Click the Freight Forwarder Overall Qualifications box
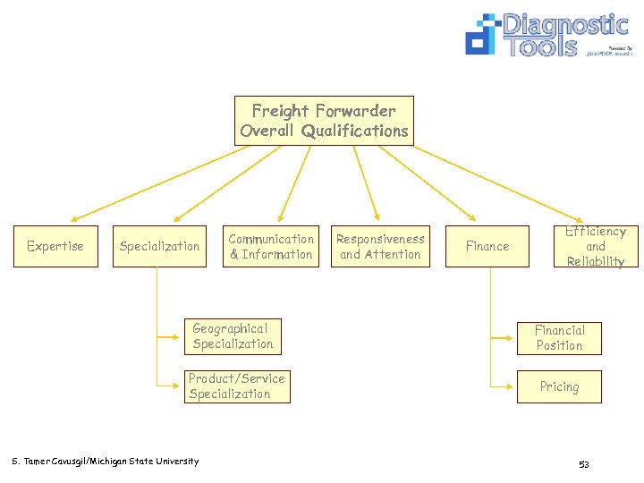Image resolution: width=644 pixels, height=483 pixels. click(324, 121)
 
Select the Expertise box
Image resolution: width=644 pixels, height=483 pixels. click(55, 246)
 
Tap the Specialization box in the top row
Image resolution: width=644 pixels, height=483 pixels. click(160, 246)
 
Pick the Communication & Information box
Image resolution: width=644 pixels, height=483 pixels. click(271, 246)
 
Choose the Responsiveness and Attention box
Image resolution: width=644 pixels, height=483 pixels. click(380, 246)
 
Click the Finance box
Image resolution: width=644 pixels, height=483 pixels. click(487, 246)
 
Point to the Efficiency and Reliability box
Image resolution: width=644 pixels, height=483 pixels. click(595, 246)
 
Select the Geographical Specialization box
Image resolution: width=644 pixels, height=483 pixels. click(233, 336)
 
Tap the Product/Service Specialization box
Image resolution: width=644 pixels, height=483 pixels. click(237, 386)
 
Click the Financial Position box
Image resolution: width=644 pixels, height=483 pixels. click(559, 338)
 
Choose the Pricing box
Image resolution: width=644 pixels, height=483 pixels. click(559, 386)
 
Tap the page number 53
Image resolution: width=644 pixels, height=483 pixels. click(583, 464)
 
